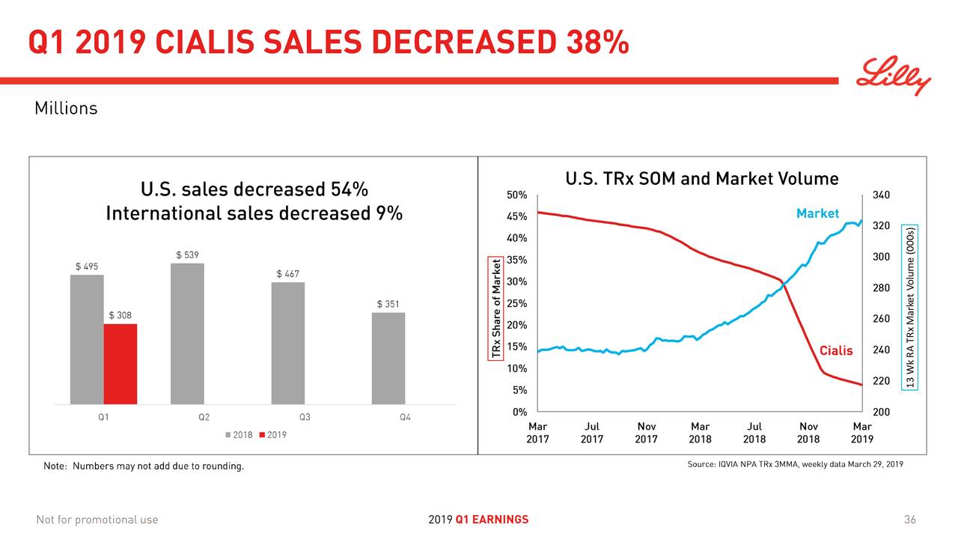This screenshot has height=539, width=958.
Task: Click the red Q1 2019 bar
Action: click(x=120, y=364)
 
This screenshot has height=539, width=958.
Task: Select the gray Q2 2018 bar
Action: click(x=187, y=333)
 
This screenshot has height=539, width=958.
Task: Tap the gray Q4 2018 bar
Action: click(x=388, y=358)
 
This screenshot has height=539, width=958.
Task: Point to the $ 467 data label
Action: click(x=289, y=273)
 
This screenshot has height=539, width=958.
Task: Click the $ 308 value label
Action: click(x=120, y=315)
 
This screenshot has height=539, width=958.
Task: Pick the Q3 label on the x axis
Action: click(x=305, y=418)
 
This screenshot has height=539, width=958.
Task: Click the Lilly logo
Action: click(x=894, y=77)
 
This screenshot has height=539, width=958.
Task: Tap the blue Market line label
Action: click(x=817, y=213)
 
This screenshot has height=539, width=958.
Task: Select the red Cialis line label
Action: click(x=835, y=351)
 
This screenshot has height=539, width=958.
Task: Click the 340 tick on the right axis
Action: click(x=882, y=195)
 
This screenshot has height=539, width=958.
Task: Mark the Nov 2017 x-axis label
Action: click(x=646, y=433)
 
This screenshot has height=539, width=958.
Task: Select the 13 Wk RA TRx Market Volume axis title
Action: click(x=910, y=307)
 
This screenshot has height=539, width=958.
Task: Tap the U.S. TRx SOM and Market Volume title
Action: click(x=701, y=179)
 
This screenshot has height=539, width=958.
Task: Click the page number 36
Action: click(x=909, y=520)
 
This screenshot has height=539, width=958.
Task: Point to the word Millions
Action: click(x=66, y=109)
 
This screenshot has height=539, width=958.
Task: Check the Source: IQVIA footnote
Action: click(x=795, y=465)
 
